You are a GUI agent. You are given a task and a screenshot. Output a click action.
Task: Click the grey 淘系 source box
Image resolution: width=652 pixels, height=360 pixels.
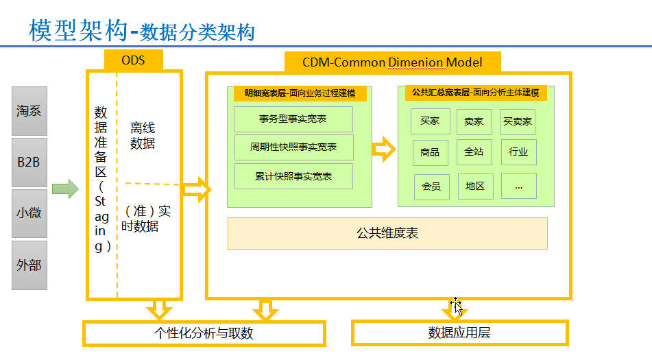click(29, 111)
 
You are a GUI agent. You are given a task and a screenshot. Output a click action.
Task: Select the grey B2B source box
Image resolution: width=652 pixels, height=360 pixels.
click(29, 163)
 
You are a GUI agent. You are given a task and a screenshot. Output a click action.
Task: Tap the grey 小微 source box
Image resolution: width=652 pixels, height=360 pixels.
click(29, 214)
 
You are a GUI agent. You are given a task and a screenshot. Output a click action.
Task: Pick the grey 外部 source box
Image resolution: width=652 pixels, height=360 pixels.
click(29, 265)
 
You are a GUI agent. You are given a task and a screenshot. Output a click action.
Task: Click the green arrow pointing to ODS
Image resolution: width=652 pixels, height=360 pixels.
click(65, 189)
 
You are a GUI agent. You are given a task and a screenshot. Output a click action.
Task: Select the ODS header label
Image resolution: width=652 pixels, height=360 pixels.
click(133, 60)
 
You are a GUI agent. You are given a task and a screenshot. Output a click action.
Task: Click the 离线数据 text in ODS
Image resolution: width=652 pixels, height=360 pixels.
click(143, 135)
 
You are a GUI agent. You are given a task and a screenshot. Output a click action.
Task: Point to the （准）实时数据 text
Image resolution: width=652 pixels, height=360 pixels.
click(146, 219)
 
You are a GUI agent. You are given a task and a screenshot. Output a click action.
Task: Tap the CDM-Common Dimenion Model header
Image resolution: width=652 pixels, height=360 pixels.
click(392, 62)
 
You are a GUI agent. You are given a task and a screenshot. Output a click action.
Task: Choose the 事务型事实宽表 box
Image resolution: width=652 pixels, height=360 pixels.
click(293, 119)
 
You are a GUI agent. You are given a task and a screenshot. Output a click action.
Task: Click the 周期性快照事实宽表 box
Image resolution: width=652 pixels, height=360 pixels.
click(293, 147)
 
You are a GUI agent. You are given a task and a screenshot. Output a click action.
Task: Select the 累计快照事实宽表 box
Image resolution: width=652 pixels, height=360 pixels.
click(293, 176)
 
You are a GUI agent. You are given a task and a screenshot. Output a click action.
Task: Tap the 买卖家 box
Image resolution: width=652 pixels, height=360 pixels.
click(517, 122)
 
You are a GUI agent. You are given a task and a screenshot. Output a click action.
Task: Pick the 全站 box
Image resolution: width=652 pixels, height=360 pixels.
click(474, 152)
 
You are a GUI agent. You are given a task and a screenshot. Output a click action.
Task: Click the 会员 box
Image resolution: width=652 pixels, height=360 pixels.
click(431, 187)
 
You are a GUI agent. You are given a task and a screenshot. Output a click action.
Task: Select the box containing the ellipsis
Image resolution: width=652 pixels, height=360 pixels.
click(518, 187)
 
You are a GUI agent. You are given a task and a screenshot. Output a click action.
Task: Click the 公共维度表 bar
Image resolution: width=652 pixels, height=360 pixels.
click(387, 234)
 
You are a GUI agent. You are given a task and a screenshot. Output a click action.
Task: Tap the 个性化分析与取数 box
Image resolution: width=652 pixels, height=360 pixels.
click(204, 333)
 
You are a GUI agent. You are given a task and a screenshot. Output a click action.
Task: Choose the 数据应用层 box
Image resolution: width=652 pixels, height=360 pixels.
click(459, 333)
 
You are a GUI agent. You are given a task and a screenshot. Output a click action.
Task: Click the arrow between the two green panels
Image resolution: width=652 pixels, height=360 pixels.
click(384, 149)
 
